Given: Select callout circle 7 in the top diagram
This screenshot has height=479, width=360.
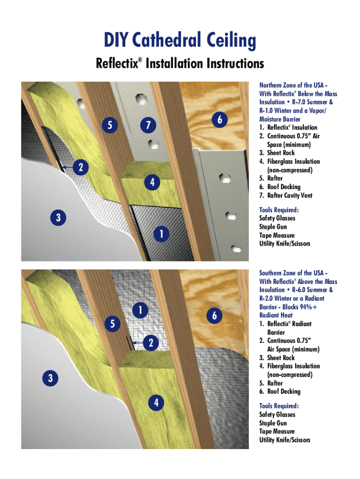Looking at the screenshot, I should [x=148, y=125].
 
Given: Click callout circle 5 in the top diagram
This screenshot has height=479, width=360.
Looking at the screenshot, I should [x=109, y=125].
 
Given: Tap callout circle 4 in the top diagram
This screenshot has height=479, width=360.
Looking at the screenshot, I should [x=152, y=182].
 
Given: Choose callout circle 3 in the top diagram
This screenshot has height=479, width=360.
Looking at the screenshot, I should [x=58, y=218].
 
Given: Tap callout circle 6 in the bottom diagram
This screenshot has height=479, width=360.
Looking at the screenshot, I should [x=214, y=316].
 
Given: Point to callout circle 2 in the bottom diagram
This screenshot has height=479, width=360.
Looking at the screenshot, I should [x=151, y=343].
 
